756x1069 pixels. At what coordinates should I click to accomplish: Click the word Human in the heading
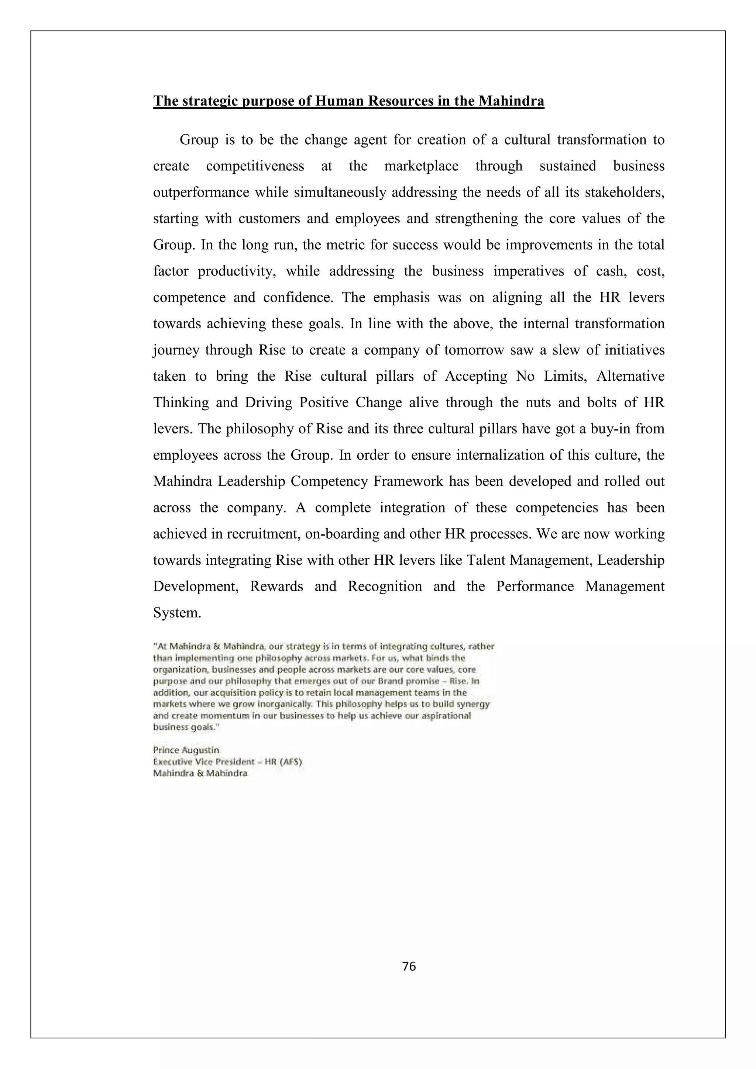tap(338, 101)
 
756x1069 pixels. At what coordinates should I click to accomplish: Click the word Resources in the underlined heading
tap(399, 101)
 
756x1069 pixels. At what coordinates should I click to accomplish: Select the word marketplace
tap(421, 166)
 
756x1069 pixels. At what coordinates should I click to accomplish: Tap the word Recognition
tap(385, 586)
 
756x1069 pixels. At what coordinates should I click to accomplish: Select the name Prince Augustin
tap(186, 750)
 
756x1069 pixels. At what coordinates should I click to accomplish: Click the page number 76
tap(409, 966)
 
